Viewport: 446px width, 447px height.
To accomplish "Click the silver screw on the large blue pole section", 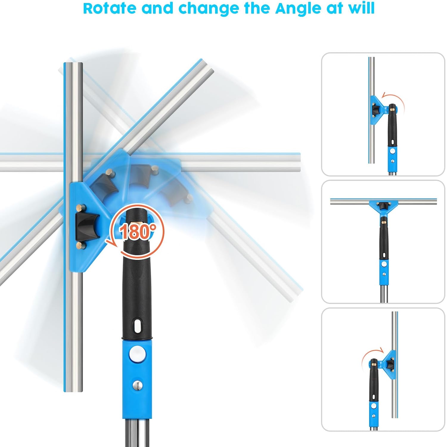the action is point(138,385).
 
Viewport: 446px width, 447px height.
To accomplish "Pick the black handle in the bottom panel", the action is point(374,381).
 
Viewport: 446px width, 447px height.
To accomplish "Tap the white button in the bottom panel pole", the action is point(374,407).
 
